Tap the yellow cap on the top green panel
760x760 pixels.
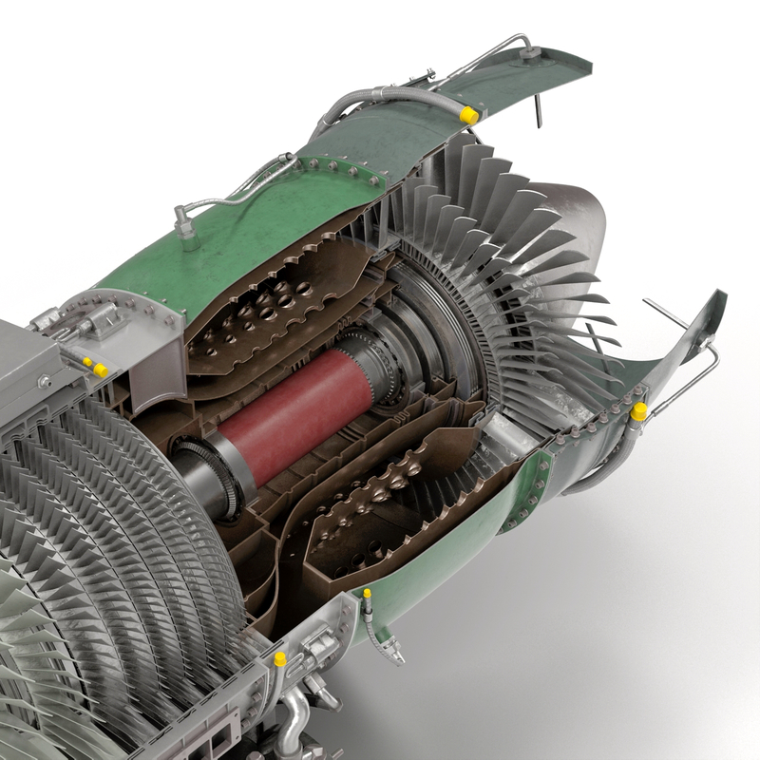tap(468, 114)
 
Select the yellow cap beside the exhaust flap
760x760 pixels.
tap(639, 410)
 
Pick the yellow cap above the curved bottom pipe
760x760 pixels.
tap(280, 658)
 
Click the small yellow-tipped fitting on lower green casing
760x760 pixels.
tap(368, 596)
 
